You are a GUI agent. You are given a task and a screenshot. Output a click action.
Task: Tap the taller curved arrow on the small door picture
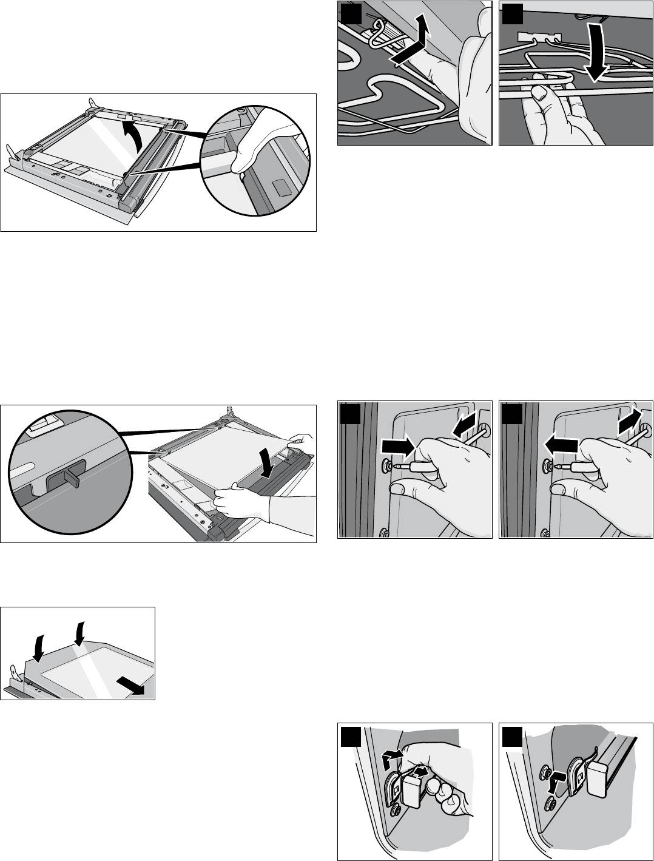click(78, 632)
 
